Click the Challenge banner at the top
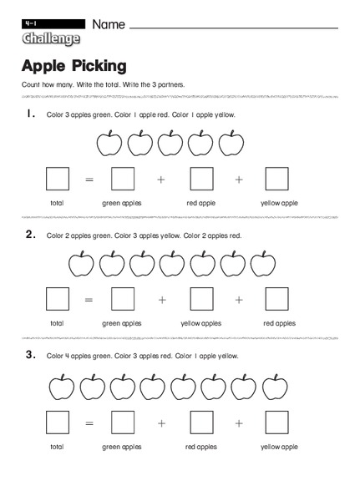coord(51,38)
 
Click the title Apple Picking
coord(74,65)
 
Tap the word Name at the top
coord(109,24)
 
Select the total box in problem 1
coord(57,180)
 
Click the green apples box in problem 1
coord(123,180)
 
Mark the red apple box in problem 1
coord(201,180)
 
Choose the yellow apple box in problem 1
coord(276,180)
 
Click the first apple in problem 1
coord(109,144)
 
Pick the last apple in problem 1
coord(231,144)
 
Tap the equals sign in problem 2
coord(90,300)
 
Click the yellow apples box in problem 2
coord(201,300)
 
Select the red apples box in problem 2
coord(276,300)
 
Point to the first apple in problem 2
coord(81,265)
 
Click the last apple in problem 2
coord(263,265)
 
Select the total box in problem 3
coord(57,423)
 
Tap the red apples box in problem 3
coord(201,423)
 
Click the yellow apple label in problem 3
coord(279,447)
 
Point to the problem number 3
coord(30,355)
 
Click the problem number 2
coord(30,235)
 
